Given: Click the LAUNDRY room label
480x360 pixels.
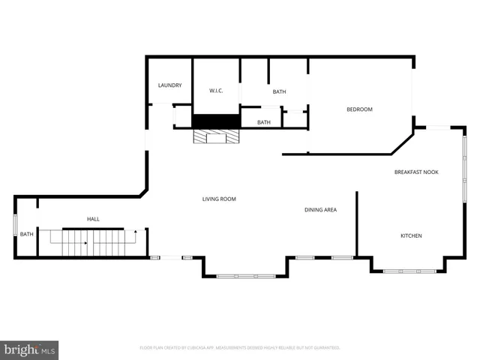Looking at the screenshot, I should [169, 85].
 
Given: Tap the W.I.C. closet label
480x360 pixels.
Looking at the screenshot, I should [216, 91].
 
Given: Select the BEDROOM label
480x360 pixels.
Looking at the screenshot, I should [359, 109].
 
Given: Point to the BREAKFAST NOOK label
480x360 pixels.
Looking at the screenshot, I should [416, 172].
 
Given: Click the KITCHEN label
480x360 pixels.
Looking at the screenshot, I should [411, 236].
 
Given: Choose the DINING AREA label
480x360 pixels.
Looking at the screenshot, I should [320, 210].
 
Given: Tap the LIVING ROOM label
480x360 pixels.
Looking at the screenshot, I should [219, 199].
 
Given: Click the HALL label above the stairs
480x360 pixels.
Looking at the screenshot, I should [93, 219].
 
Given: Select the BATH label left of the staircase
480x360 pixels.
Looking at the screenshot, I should [26, 235].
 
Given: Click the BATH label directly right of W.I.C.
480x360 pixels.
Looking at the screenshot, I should [279, 92].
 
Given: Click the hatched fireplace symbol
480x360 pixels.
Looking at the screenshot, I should [217, 136].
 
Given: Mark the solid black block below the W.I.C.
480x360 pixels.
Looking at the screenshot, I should [216, 121].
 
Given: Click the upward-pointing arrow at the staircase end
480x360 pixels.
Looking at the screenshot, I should [135, 233].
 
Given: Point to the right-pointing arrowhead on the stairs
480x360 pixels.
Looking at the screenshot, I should [86, 243].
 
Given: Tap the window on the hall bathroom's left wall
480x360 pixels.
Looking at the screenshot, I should [16, 226].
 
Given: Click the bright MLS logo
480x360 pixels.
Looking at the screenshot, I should [30, 349].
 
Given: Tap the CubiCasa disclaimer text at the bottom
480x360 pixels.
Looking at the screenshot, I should [240, 348].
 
